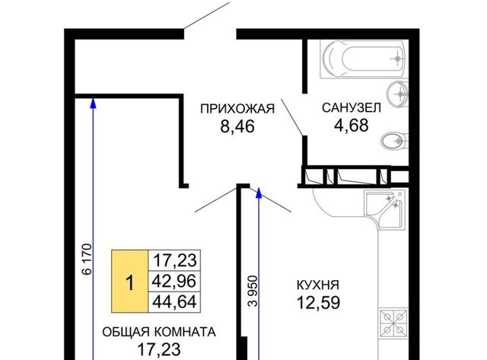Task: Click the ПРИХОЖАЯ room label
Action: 237,109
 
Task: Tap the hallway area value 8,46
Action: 237,126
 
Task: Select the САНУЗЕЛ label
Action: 352,108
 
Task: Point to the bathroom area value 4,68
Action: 352,125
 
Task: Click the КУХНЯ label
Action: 318,285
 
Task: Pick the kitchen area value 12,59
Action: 318,302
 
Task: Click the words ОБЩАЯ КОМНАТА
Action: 159,332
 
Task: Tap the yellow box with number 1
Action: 130,281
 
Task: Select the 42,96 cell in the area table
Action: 174,281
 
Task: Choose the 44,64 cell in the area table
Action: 174,302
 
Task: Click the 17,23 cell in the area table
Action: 174,260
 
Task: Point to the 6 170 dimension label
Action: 88,260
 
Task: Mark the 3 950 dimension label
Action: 253,291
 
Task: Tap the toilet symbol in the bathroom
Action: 394,142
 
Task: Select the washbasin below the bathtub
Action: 397,94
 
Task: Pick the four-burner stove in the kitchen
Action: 393,323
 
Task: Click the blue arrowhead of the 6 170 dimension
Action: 93,104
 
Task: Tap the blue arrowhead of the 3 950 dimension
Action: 259,193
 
